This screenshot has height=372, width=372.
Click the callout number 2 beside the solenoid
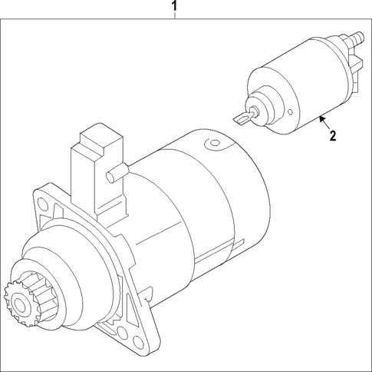[x=333, y=137]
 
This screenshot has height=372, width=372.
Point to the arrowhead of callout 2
[x=321, y=118]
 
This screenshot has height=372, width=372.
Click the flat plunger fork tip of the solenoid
[x=239, y=116]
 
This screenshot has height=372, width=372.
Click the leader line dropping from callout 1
[x=175, y=17]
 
